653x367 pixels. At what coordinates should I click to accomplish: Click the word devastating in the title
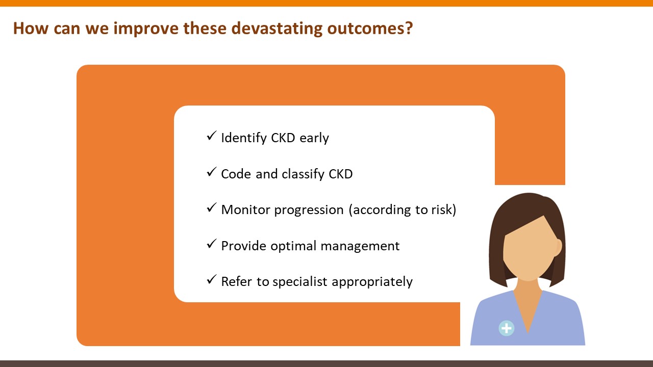click(277, 29)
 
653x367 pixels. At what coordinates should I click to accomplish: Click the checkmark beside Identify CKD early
click(211, 136)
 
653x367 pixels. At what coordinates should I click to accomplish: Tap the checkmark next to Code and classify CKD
click(211, 172)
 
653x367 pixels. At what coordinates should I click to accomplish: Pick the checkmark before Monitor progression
click(211, 207)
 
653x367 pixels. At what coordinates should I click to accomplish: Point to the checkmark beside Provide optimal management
click(211, 244)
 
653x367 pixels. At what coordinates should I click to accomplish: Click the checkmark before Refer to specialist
click(211, 279)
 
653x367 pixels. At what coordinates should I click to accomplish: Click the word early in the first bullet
click(314, 138)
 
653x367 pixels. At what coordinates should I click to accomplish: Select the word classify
click(303, 174)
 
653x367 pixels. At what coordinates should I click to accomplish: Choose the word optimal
click(293, 246)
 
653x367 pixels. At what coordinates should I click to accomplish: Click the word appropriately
click(372, 282)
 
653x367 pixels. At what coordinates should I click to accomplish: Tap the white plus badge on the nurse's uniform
click(507, 328)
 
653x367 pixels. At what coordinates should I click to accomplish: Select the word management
click(360, 246)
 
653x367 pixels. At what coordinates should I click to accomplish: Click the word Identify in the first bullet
click(244, 138)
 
